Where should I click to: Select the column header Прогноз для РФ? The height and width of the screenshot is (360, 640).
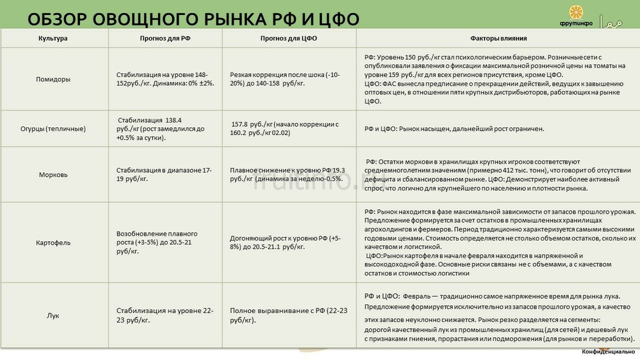pyautogui.click(x=165, y=38)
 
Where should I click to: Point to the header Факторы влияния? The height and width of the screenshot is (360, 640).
pyautogui.click(x=498, y=38)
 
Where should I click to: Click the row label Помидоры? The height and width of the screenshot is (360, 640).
pyautogui.click(x=53, y=79)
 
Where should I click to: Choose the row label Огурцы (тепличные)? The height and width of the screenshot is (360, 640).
pyautogui.click(x=53, y=129)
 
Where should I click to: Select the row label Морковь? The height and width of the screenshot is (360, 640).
pyautogui.click(x=53, y=174)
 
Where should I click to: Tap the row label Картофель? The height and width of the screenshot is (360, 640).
pyautogui.click(x=53, y=242)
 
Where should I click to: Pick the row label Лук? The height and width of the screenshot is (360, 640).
pyautogui.click(x=53, y=316)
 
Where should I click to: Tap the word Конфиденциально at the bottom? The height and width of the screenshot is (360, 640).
pyautogui.click(x=608, y=352)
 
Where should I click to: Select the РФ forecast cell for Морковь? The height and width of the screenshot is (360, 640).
pyautogui.click(x=164, y=174)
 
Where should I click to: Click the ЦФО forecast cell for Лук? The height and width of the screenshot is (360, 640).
pyautogui.click(x=288, y=315)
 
